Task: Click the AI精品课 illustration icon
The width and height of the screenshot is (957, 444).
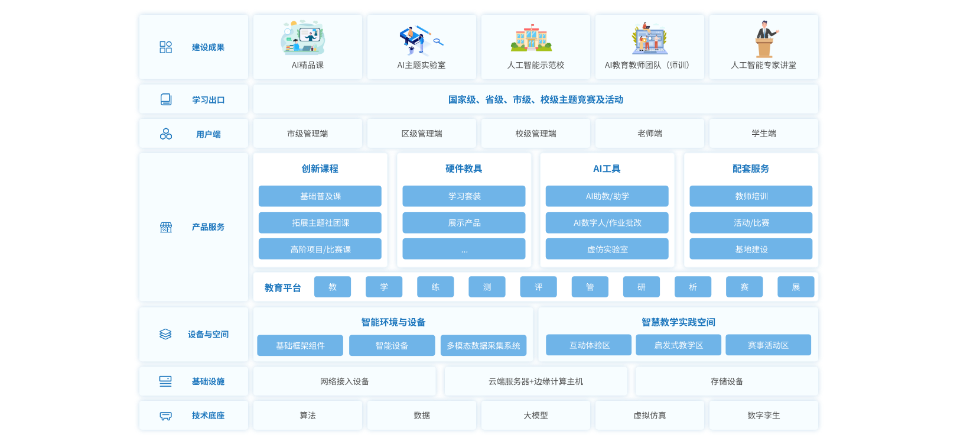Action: [x=303, y=38]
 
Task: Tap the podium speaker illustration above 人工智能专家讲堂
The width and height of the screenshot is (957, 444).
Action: [x=765, y=39]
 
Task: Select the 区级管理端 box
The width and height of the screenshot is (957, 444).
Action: [x=422, y=134]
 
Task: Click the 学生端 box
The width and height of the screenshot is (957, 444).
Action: [x=764, y=134]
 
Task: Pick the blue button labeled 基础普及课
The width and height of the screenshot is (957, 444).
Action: [x=320, y=196]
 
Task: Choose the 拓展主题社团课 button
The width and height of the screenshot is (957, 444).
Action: [x=320, y=223]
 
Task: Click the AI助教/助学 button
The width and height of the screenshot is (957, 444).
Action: [x=607, y=196]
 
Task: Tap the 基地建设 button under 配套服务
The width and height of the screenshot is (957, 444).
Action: [x=751, y=249]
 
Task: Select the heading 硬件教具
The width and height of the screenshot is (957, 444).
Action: [x=464, y=169]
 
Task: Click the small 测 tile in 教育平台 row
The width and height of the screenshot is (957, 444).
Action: [x=487, y=287]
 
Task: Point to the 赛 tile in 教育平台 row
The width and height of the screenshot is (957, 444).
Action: [x=744, y=287]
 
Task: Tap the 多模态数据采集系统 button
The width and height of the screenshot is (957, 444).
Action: [x=483, y=345]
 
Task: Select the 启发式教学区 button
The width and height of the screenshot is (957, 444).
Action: [x=678, y=345]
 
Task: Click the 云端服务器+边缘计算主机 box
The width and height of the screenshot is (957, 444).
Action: [x=536, y=381]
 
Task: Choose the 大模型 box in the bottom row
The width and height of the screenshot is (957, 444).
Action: [x=536, y=416]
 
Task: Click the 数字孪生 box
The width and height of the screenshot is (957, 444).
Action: [x=764, y=416]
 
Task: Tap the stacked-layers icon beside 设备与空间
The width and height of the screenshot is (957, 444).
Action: [x=165, y=335]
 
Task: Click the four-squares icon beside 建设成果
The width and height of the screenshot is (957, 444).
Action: [x=166, y=47]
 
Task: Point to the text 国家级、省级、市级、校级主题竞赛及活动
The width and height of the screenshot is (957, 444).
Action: [x=536, y=100]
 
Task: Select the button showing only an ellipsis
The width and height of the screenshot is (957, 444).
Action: [x=464, y=249]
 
